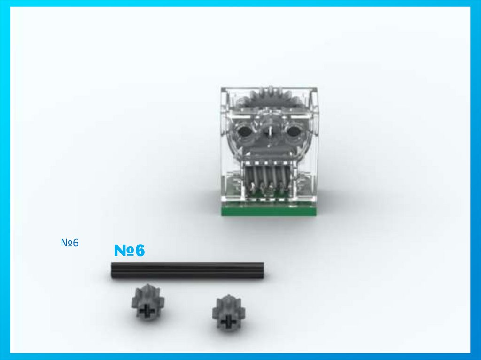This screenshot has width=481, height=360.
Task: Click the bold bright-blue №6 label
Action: (129, 250)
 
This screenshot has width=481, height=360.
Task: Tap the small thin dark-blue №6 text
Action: (70, 243)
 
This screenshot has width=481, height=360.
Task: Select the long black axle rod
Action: (187, 270)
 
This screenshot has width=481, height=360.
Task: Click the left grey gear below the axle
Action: (148, 303)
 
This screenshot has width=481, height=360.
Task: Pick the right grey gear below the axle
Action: (229, 313)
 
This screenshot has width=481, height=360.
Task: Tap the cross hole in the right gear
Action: (228, 321)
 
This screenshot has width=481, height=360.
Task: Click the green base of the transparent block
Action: (269, 210)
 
